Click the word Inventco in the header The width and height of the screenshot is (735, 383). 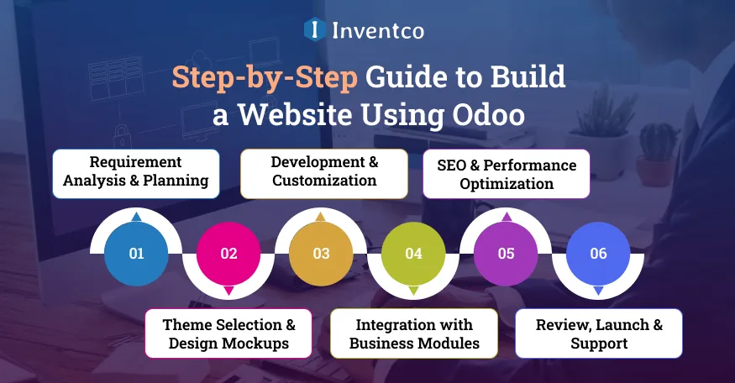coord(377,31)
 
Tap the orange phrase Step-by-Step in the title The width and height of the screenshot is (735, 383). coord(265,76)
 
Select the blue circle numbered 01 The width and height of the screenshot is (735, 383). coord(136,253)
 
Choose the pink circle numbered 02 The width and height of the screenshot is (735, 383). coord(228,253)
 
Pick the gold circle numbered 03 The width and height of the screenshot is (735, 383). coord(321,253)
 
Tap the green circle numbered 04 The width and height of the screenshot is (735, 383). coord(413,253)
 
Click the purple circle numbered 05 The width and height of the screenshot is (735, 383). coord(506,253)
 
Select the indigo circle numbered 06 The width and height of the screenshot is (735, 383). coord(598,253)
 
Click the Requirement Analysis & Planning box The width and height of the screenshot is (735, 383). coord(136,173)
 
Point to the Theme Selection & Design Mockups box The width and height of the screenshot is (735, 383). coord(228,333)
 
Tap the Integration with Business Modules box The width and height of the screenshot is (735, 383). coord(414,333)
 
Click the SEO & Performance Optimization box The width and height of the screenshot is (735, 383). coord(506,173)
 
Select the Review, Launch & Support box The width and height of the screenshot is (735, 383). coord(598,333)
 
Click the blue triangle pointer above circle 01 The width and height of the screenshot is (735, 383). coord(136,217)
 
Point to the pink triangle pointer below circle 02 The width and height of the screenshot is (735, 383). coord(228,291)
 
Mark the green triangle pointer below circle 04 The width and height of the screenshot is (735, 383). coord(413,291)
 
